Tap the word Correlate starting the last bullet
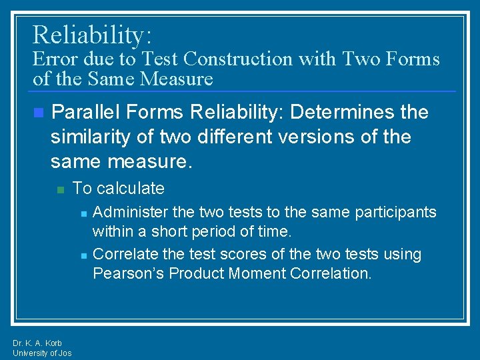125,255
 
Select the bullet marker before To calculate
59,189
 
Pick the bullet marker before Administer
83,213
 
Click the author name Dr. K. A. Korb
37,343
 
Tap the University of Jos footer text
42,353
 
